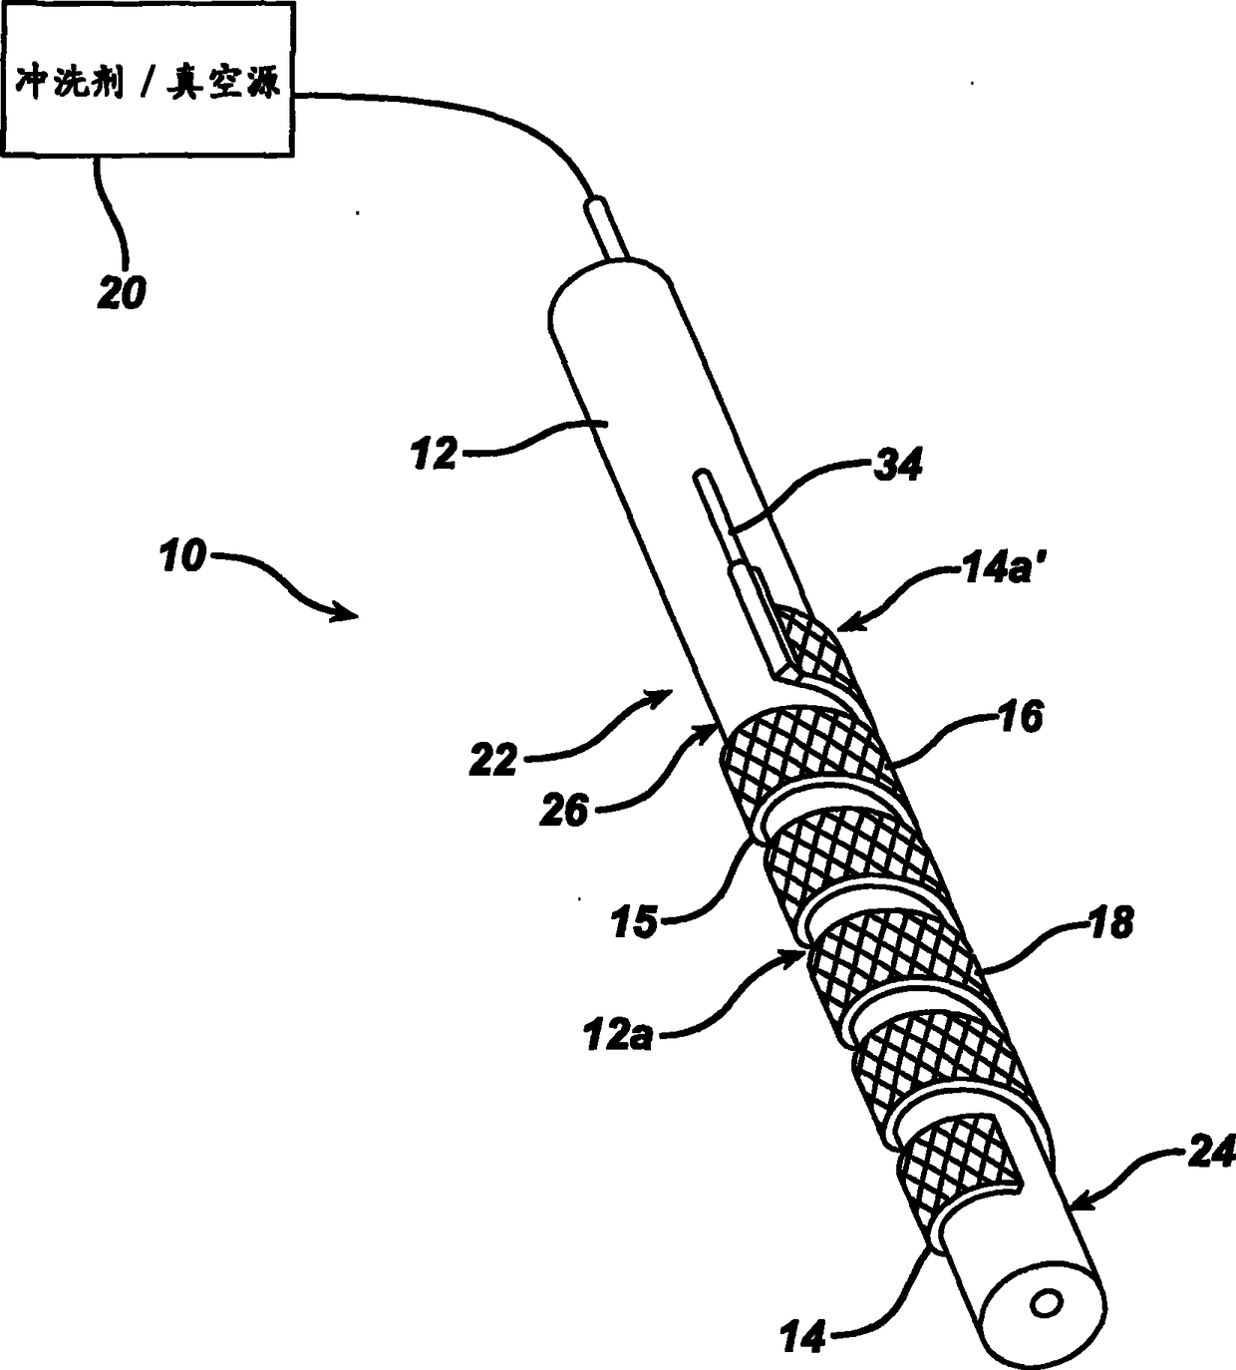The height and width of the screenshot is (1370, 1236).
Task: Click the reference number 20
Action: [122, 293]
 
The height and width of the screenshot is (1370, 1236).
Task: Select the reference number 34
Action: [897, 466]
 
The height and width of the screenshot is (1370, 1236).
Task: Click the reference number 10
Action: [182, 556]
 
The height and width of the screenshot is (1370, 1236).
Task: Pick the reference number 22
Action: [493, 760]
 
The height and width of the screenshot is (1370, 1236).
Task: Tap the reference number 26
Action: [564, 811]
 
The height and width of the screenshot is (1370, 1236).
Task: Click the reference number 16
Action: [1021, 717]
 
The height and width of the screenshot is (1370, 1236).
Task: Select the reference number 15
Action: [635, 923]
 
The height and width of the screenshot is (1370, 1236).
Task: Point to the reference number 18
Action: [1109, 922]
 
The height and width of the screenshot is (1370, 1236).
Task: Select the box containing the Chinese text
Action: [149, 79]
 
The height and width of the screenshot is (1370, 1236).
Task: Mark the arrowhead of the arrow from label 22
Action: [660, 695]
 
